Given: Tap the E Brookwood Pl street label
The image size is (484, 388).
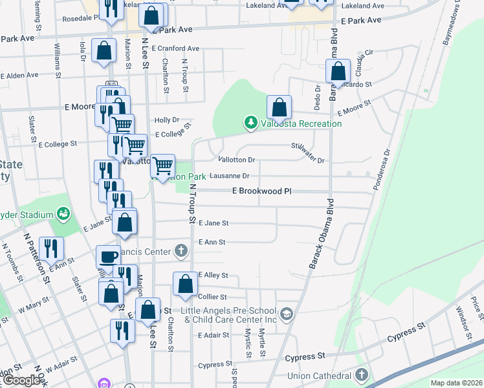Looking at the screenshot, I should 262,191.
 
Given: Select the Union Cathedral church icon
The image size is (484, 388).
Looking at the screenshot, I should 361,374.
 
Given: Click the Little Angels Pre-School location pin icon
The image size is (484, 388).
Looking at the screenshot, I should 288,314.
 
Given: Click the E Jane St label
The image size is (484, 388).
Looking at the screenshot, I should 214,223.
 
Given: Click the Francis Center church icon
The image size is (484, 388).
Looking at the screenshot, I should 181,250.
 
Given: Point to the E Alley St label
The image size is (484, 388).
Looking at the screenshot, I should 214,275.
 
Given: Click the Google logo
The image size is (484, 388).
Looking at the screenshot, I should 21,381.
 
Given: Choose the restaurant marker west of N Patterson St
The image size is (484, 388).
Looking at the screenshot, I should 50,248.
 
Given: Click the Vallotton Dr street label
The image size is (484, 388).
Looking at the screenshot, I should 237,159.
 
